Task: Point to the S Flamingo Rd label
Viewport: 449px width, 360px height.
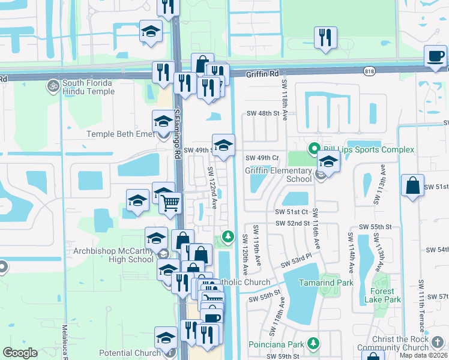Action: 178,134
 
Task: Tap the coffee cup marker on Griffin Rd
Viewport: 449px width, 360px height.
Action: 436,57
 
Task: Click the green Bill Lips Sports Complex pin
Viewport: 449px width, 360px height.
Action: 313,148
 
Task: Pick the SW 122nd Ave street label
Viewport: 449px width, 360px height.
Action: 213,187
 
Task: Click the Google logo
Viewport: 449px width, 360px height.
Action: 20,353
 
